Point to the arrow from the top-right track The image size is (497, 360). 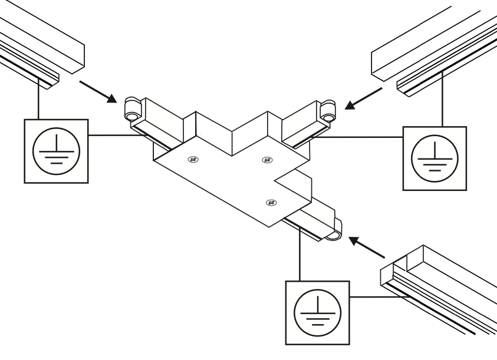tap(366, 97)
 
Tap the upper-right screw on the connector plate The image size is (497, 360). tap(267, 159)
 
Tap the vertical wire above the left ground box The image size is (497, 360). tap(39, 100)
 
